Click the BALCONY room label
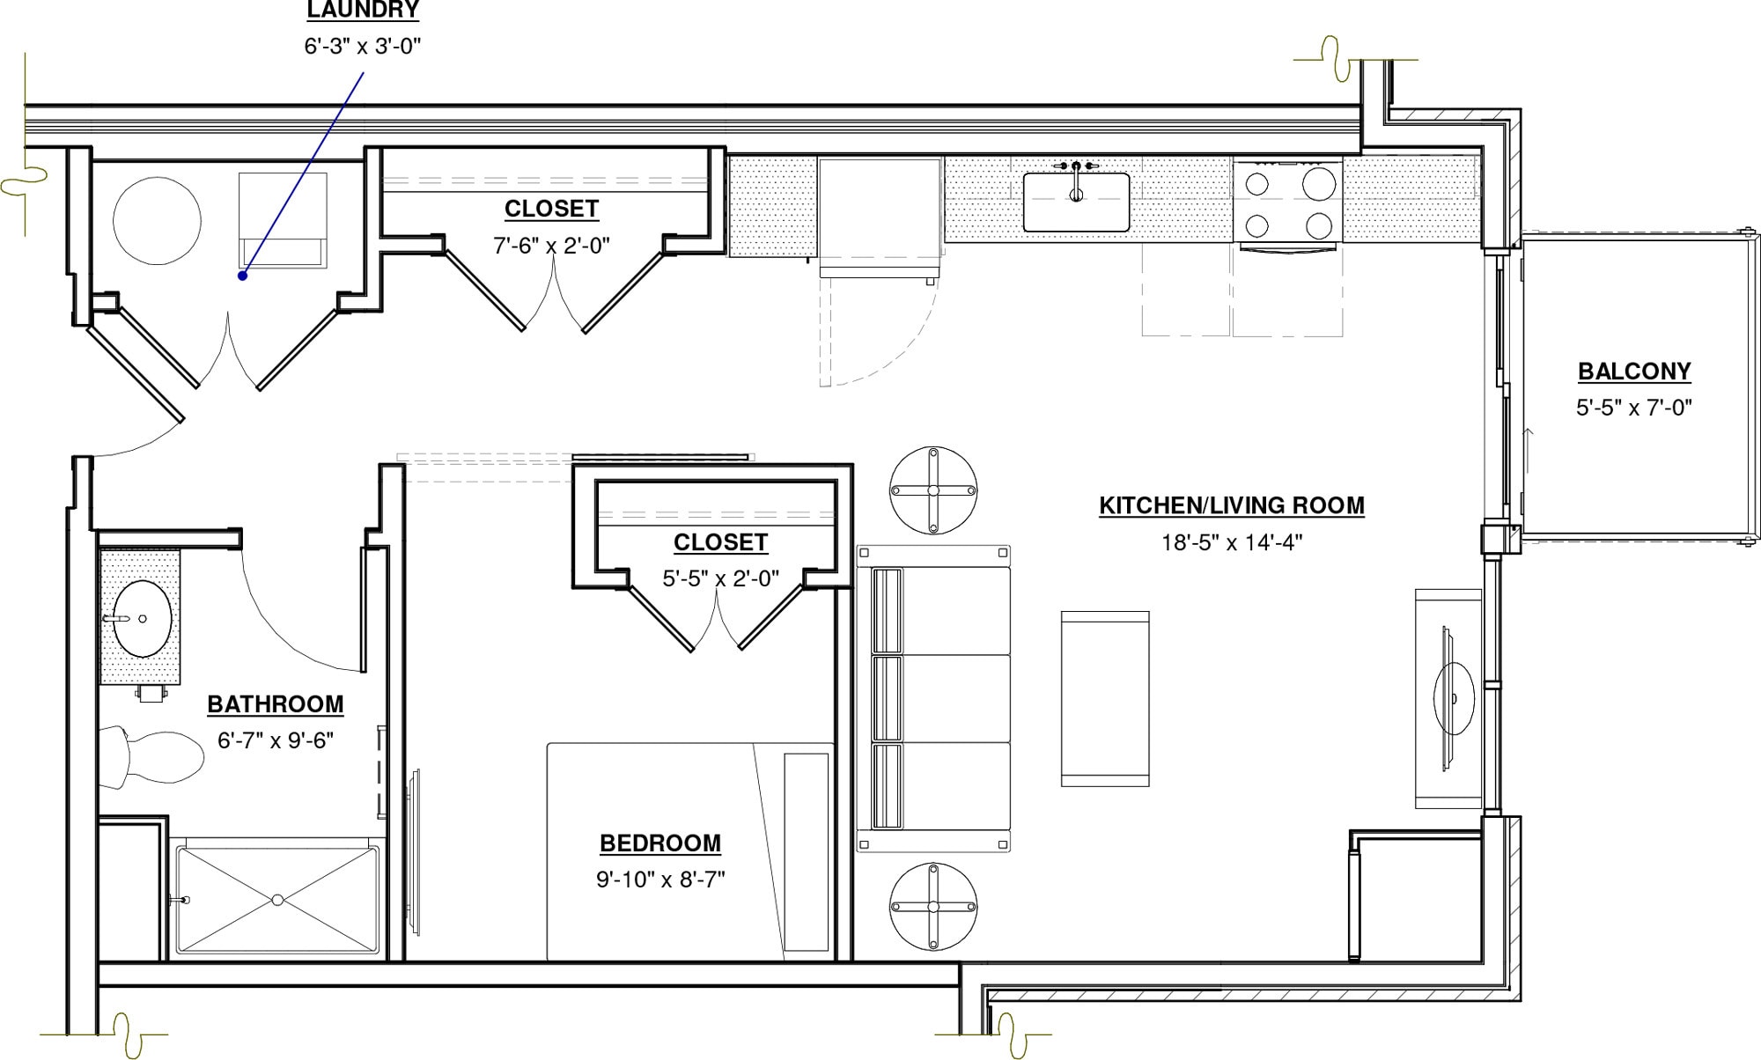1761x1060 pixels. (x=1634, y=372)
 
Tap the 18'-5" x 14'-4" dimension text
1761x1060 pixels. (x=1232, y=542)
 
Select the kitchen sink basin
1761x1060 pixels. (x=1076, y=203)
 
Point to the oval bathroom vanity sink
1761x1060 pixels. (x=142, y=618)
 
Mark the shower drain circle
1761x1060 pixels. (x=277, y=900)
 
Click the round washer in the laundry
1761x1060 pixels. (x=157, y=220)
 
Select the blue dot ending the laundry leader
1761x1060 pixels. (x=242, y=276)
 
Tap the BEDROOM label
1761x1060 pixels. (x=660, y=843)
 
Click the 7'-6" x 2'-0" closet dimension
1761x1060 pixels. (x=551, y=246)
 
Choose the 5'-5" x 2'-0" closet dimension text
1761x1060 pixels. (x=720, y=578)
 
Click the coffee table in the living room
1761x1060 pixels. (x=1104, y=698)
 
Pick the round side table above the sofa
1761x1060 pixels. (x=933, y=490)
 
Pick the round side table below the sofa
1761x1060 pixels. (x=933, y=907)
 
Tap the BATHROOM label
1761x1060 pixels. (x=276, y=704)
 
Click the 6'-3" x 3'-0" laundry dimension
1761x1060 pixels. (x=363, y=46)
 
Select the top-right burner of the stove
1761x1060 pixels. (x=1318, y=184)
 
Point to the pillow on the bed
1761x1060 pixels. (x=806, y=851)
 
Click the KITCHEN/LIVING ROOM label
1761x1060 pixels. (x=1232, y=505)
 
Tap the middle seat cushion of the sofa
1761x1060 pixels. (x=955, y=698)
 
